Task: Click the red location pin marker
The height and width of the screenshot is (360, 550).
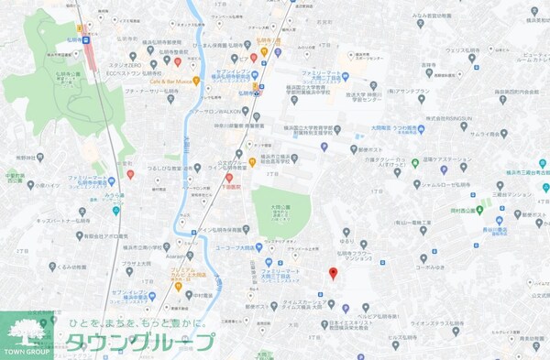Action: tap(333, 273)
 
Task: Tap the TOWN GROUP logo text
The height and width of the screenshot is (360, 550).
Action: tap(28, 352)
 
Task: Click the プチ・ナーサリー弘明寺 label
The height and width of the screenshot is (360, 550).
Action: tap(133, 93)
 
